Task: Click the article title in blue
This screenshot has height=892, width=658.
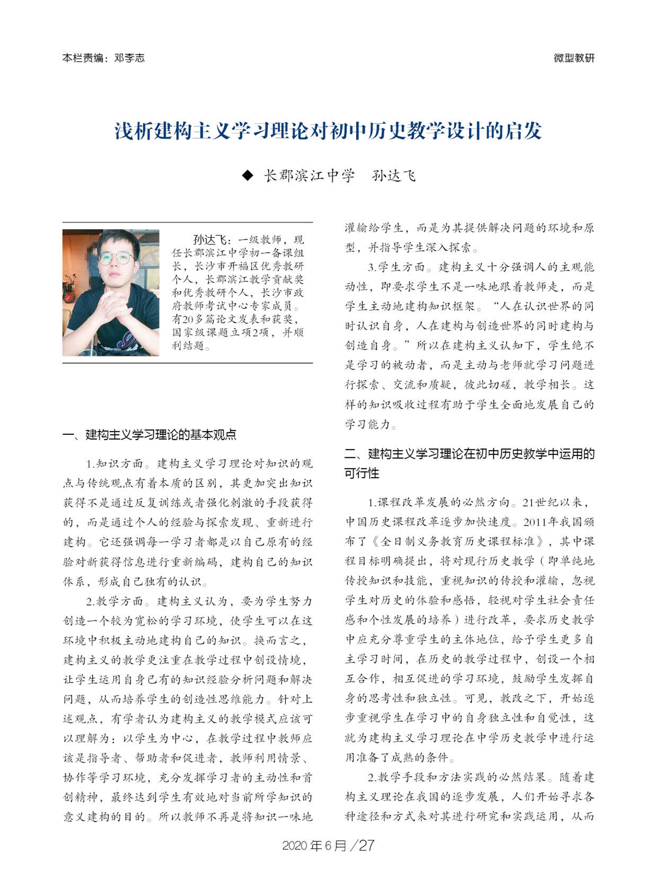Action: point(328,131)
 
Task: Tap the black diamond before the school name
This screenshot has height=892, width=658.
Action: point(248,176)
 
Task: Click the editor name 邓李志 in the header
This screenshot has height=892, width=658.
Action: point(129,58)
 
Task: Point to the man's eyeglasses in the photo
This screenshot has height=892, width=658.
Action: point(116,259)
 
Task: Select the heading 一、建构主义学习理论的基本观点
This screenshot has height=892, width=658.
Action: point(149,434)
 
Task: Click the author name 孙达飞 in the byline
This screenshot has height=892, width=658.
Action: point(393,176)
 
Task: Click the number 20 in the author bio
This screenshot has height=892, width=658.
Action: point(188,319)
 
